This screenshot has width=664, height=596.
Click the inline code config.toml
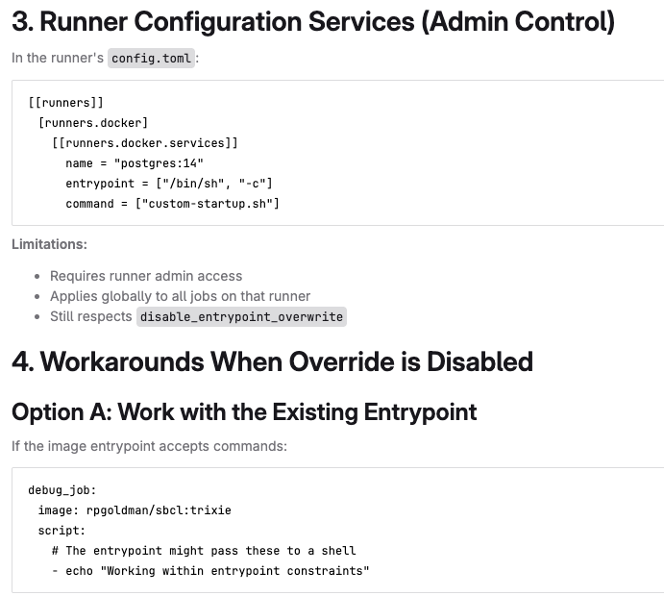coord(151,58)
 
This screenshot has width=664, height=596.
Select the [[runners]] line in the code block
coord(65,103)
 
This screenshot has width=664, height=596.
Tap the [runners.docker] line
coord(93,123)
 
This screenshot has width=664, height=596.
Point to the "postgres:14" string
coord(159,163)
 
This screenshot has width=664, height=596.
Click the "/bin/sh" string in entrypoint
coord(190,184)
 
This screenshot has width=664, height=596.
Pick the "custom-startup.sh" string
coord(208,204)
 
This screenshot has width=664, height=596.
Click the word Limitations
coord(49,244)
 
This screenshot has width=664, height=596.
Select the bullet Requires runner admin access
coord(146,276)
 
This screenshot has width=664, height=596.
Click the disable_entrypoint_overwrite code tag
coord(241,317)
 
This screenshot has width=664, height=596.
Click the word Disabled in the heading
coord(480,361)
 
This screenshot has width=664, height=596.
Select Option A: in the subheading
coord(61,412)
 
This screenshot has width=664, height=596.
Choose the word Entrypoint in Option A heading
coord(420,412)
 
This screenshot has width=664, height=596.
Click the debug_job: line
coord(62,490)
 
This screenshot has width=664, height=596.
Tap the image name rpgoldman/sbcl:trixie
coord(159,510)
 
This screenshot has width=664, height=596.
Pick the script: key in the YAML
coord(61,531)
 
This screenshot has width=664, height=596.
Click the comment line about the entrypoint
coord(204,551)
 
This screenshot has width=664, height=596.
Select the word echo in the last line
coord(79,571)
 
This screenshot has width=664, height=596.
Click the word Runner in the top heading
coord(84,21)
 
